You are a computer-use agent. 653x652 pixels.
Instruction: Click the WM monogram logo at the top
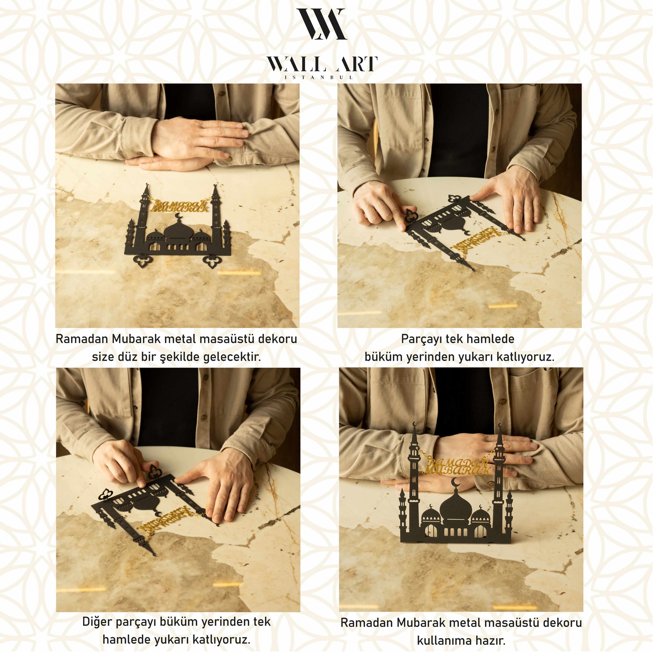click(321, 24)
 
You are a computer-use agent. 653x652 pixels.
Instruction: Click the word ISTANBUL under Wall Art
click(319, 77)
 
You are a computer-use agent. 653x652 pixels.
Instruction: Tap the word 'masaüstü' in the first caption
click(227, 339)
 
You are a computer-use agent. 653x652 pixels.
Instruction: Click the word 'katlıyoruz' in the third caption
click(221, 640)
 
